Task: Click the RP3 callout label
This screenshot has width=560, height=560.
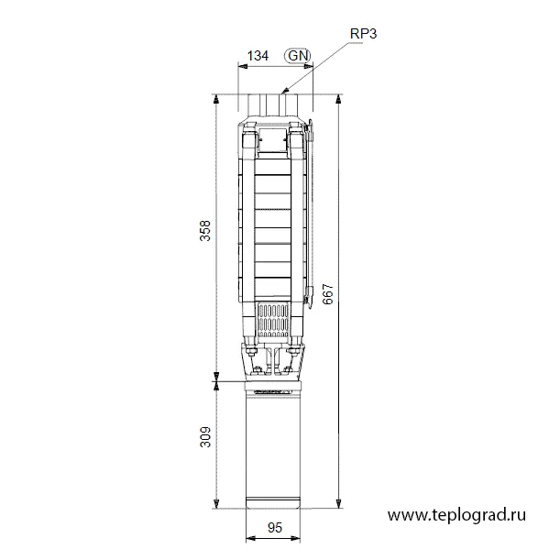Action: pyautogui.click(x=363, y=34)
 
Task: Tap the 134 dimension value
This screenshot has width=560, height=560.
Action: pyautogui.click(x=258, y=56)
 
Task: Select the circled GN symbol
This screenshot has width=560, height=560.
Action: pyautogui.click(x=298, y=56)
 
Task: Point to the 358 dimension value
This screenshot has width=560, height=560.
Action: pyautogui.click(x=205, y=231)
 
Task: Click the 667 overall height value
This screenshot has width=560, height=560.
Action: pyautogui.click(x=327, y=294)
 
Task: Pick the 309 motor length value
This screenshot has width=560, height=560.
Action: pyautogui.click(x=205, y=437)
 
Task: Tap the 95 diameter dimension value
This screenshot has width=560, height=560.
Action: pyautogui.click(x=275, y=528)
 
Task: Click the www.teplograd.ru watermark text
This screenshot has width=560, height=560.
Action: pyautogui.click(x=456, y=515)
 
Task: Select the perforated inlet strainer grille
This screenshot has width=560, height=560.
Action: pyautogui.click(x=273, y=321)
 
